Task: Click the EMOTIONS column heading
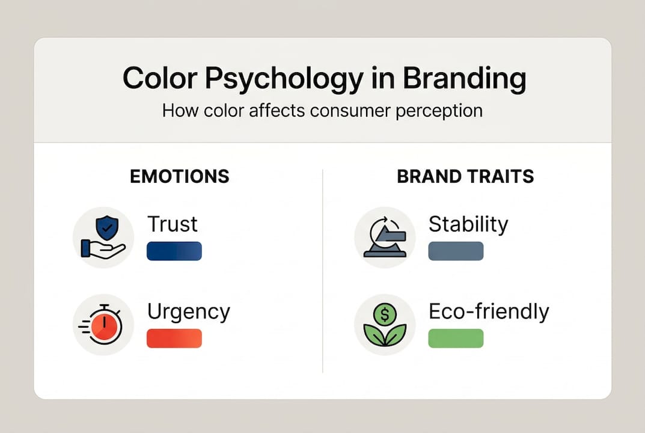coord(180,176)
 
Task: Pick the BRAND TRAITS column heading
coord(465,176)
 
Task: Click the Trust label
coord(173,224)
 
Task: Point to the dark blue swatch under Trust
coord(174,251)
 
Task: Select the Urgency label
coord(189,312)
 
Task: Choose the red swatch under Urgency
coord(174,338)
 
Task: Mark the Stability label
coord(468,224)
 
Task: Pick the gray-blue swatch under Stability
coord(456,251)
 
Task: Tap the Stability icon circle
coord(385,238)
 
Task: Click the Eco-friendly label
coord(489,312)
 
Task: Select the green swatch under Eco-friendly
coord(456,338)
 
